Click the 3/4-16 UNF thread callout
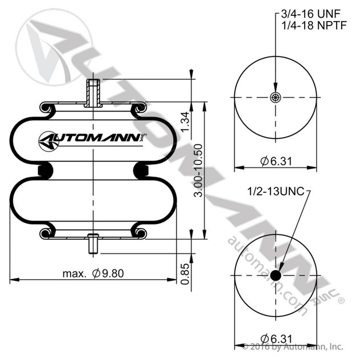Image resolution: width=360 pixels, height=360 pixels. click(310, 14)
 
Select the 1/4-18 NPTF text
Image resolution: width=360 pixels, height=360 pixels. click(314, 25)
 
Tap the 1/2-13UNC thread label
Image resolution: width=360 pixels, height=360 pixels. click(276, 191)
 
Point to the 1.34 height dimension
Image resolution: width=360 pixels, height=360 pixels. click(186, 121)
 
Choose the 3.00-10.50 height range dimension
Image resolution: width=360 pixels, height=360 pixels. click(198, 170)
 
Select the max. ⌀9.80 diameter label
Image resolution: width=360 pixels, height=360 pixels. click(93, 273)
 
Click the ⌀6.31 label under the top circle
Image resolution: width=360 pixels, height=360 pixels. click(276, 161)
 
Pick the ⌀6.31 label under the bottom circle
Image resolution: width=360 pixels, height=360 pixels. click(276, 339)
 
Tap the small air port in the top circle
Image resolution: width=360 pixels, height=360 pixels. click(275, 97)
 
